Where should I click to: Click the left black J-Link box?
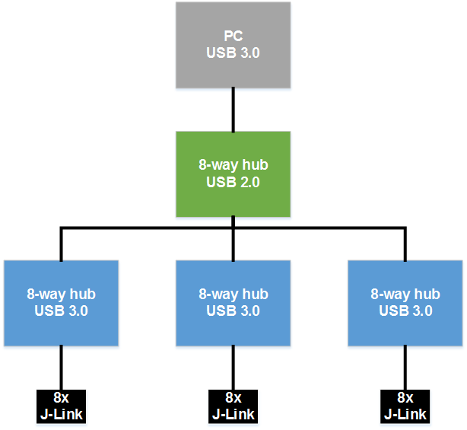pyautogui.click(x=61, y=406)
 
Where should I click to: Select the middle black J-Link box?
pyautogui.click(x=233, y=406)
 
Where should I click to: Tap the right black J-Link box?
pyautogui.click(x=405, y=406)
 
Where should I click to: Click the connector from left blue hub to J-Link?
pyautogui.click(x=61, y=368)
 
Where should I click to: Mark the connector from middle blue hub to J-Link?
pyautogui.click(x=233, y=368)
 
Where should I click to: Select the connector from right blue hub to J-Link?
pyautogui.click(x=405, y=368)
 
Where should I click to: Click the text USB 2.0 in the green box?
pyautogui.click(x=233, y=182)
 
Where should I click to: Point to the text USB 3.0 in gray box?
pyautogui.click(x=233, y=53)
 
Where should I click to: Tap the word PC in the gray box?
pyautogui.click(x=233, y=37)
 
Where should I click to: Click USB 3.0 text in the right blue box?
pyautogui.click(x=405, y=311)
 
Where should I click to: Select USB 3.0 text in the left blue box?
pyautogui.click(x=61, y=311)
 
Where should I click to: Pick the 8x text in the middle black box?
pyautogui.click(x=233, y=398)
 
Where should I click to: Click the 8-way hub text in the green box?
pyautogui.click(x=233, y=165)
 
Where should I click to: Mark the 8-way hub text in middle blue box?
pyautogui.click(x=233, y=294)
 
